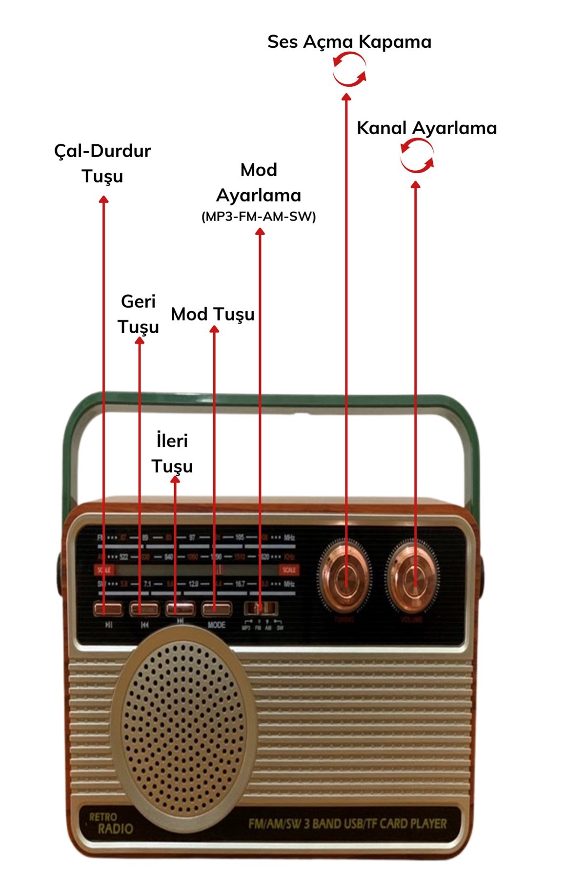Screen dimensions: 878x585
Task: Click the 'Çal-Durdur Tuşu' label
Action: pos(102,163)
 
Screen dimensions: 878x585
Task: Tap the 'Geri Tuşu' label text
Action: pos(139,314)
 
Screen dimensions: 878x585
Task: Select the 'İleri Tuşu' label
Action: pos(172,453)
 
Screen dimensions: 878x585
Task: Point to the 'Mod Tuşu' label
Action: pos(213,314)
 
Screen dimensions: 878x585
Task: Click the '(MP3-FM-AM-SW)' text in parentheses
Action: pos(259,217)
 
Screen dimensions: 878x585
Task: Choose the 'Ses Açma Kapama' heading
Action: pos(349,41)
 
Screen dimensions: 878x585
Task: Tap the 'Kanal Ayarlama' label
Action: pos(427,128)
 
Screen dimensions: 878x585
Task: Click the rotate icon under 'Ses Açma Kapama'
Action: pos(349,70)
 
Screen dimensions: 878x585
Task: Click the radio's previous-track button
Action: pos(144,609)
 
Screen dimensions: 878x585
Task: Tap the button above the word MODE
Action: pos(217,608)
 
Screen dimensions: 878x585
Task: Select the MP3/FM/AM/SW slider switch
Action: pos(262,608)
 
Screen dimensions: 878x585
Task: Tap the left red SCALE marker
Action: pos(103,570)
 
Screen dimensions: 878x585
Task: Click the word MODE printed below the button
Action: pos(217,625)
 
